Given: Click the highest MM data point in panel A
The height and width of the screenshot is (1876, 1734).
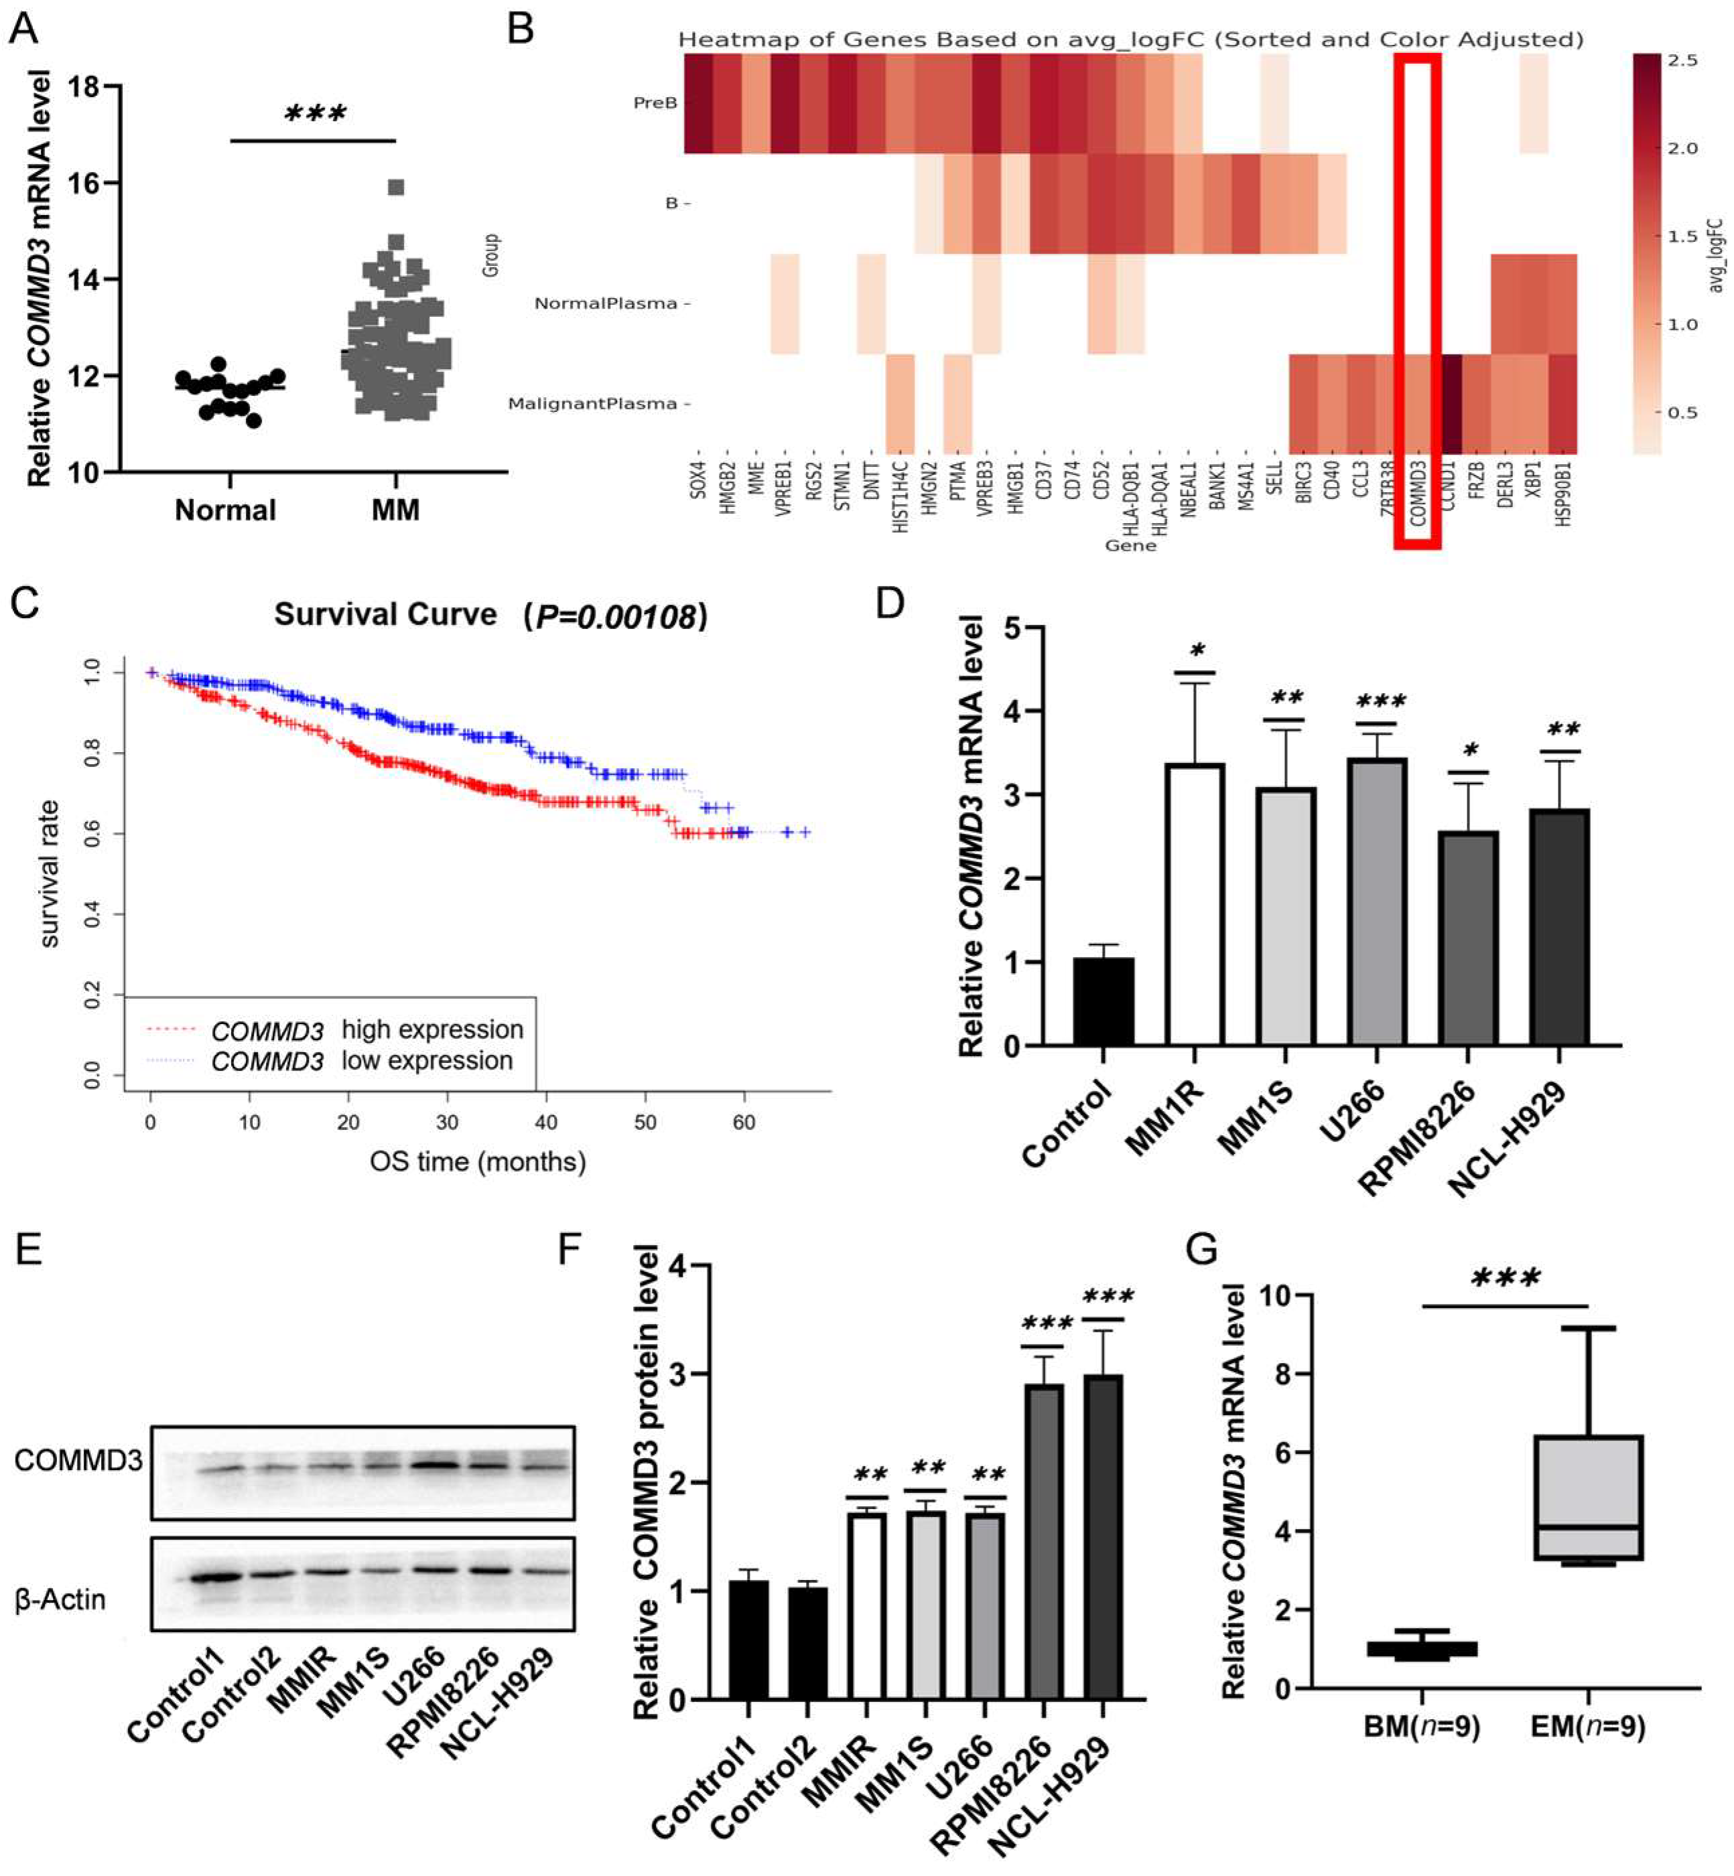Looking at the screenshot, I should tap(396, 188).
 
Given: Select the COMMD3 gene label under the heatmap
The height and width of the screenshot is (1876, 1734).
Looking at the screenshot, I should tap(1418, 497).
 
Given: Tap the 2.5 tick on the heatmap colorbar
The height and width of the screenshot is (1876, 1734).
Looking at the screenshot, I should tap(1682, 61).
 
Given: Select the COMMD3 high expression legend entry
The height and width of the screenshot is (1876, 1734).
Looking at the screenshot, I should tap(366, 1030).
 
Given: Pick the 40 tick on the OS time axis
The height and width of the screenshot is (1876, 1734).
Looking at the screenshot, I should tap(546, 1123).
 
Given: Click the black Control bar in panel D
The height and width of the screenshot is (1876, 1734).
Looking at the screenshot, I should tap(1104, 1002).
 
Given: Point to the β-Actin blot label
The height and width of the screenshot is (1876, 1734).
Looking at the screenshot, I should tap(62, 1599).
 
